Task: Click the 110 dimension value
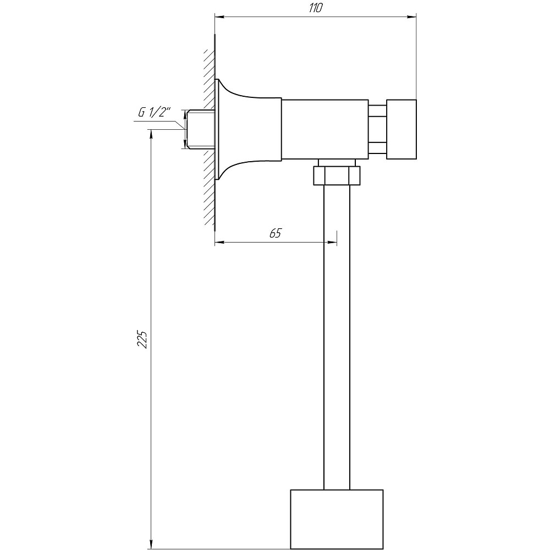pos(315,8)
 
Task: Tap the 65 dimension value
pos(276,233)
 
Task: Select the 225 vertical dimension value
pos(142,338)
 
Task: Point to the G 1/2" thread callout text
pos(154,113)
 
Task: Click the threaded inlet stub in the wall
pos(200,129)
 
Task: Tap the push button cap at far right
pos(402,129)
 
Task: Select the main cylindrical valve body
pos(325,129)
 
